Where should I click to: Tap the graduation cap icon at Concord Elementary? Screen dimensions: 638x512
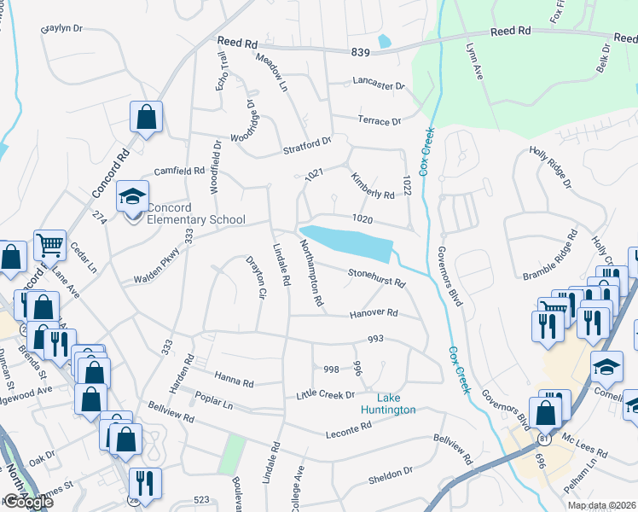pos(132,197)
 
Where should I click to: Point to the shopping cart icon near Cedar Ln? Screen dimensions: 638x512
pos(50,246)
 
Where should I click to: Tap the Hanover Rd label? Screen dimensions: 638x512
pos(374,314)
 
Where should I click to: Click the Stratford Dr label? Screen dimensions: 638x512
pos(306,148)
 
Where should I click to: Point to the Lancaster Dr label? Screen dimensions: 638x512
pos(378,85)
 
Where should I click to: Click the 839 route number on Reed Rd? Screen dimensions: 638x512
pos(360,53)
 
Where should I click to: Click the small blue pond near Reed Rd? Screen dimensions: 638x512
pos(384,40)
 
